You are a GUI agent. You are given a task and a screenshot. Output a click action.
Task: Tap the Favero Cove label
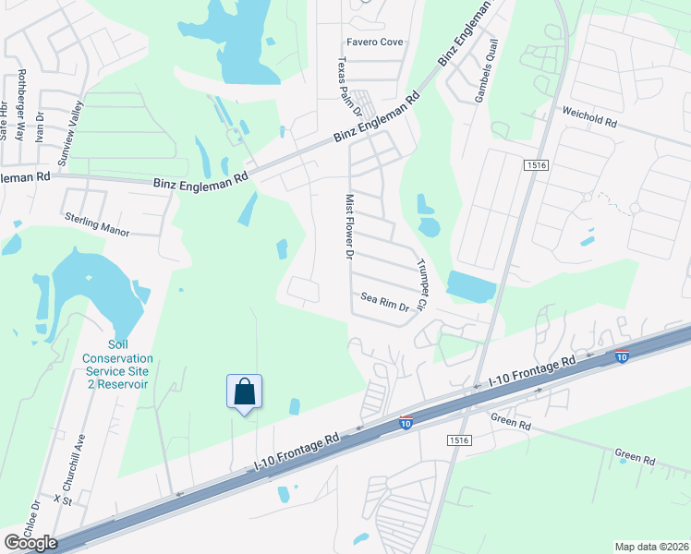(x=374, y=42)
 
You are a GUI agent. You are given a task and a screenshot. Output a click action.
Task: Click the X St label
(x=63, y=499)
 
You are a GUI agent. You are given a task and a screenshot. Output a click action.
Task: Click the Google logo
(x=30, y=543)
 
